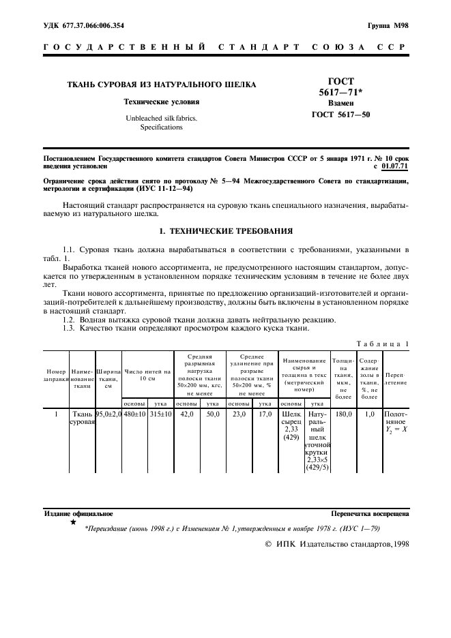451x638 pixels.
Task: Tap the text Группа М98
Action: (x=388, y=26)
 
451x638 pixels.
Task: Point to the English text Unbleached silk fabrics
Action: (x=161, y=118)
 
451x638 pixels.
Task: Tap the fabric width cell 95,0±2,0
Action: (x=108, y=414)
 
